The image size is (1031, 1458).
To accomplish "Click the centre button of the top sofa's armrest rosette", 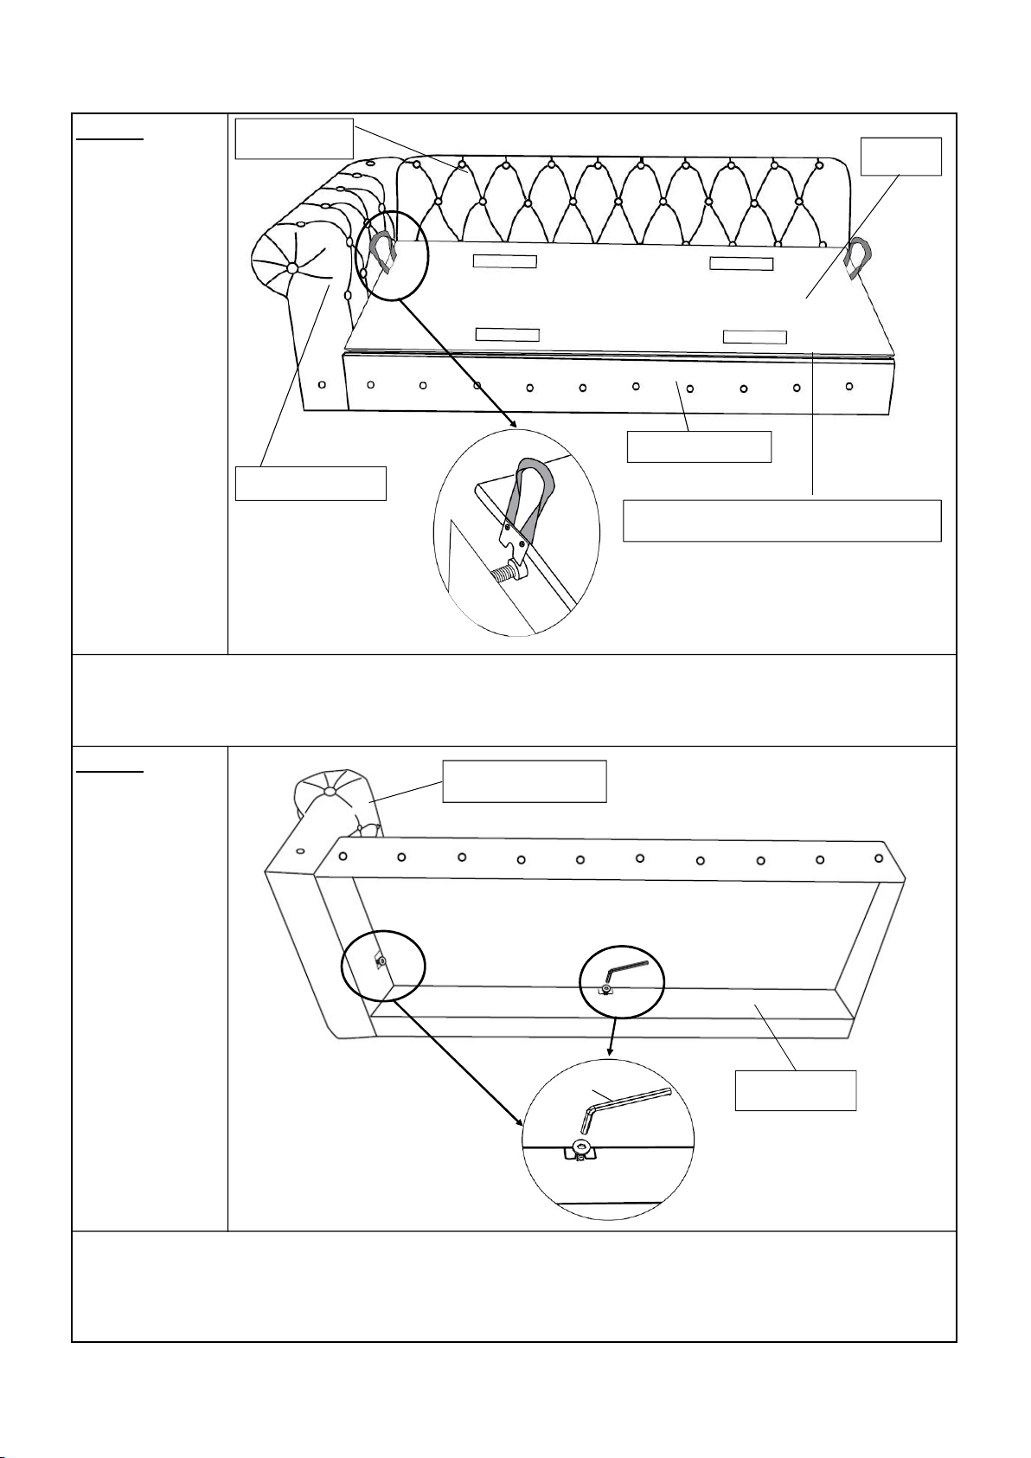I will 292,270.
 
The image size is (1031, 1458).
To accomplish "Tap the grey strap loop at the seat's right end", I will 861,258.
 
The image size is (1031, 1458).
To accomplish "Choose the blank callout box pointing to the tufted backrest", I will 294,138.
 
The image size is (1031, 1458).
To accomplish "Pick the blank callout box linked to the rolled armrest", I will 311,483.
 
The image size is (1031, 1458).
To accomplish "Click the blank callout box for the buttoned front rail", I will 699,446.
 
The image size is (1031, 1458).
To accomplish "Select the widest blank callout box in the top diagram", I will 782,520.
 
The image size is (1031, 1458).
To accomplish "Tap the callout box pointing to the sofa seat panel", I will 902,156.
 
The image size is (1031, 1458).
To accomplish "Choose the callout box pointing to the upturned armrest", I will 524,781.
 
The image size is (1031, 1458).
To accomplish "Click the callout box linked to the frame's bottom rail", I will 795,1089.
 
